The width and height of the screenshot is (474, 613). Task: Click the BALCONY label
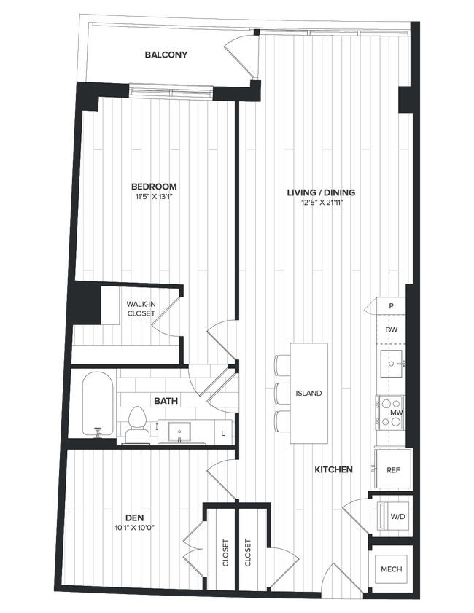pyautogui.click(x=166, y=55)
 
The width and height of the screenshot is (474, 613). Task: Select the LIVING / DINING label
pyautogui.click(x=321, y=192)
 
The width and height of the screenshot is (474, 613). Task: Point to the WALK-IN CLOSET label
pyautogui.click(x=141, y=308)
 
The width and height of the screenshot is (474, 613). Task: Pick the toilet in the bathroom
pyautogui.click(x=136, y=425)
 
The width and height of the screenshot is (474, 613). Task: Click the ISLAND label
pyautogui.click(x=308, y=393)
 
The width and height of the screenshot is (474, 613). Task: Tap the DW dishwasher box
pyautogui.click(x=392, y=330)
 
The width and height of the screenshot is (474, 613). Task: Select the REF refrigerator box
pyautogui.click(x=392, y=470)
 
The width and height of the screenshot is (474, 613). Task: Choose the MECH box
pyautogui.click(x=391, y=569)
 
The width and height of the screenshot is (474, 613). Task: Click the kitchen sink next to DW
pyautogui.click(x=392, y=362)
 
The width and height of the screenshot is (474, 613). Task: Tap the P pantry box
pyautogui.click(x=392, y=306)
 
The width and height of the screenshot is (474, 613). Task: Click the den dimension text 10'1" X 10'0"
pyautogui.click(x=134, y=528)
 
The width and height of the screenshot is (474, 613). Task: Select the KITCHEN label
pyautogui.click(x=334, y=470)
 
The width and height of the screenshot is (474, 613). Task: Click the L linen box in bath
pyautogui.click(x=222, y=434)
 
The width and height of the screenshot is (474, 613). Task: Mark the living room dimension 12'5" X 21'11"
pyautogui.click(x=321, y=203)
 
